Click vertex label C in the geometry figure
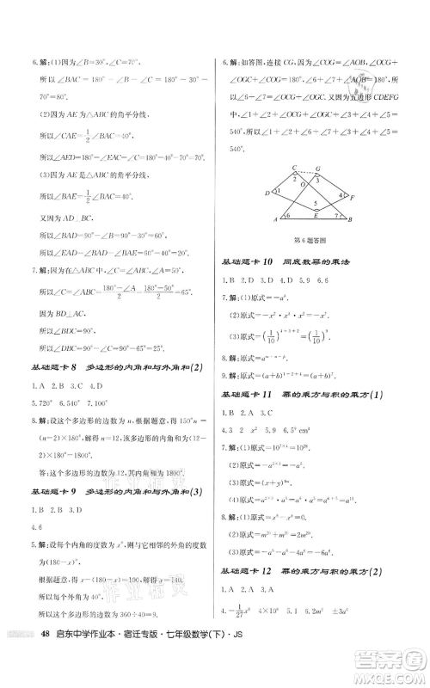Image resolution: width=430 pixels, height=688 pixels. coord(293,167)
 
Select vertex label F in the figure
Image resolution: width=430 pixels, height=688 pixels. coord(353,198)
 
